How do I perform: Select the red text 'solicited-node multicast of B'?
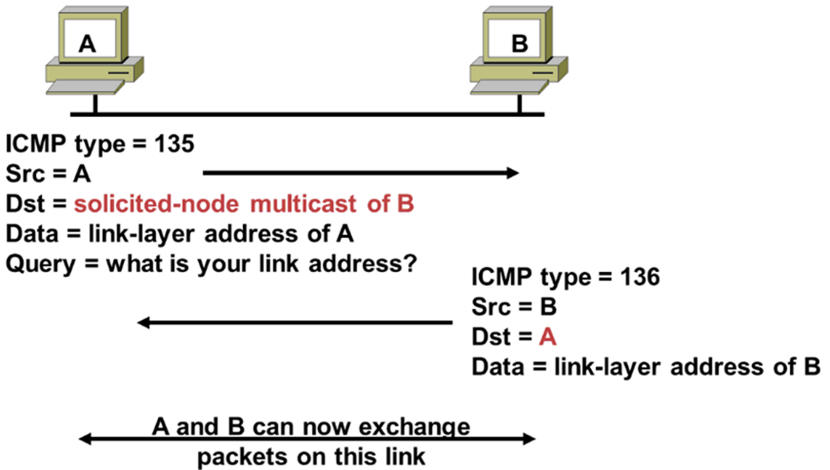[x=244, y=205]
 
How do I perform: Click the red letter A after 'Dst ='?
[x=547, y=337]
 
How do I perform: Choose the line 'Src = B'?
[x=514, y=307]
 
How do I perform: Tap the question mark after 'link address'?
[x=409, y=263]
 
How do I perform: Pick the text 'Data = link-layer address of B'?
[x=645, y=367]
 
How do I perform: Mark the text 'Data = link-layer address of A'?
[x=180, y=234]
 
